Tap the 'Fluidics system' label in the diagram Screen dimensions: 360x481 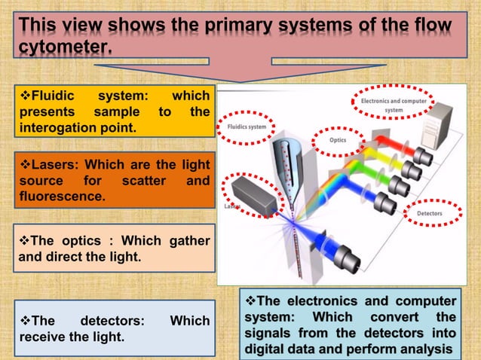pos(246,127)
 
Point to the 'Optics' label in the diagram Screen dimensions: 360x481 pos(338,140)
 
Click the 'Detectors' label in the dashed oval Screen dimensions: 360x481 pos(430,214)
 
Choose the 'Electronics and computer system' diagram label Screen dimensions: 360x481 pos(394,105)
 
